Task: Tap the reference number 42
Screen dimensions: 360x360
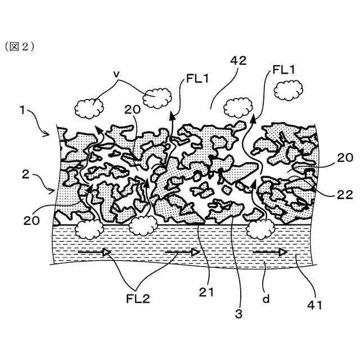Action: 238,63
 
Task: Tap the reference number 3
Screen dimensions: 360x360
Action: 238,314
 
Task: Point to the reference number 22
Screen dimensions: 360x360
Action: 345,195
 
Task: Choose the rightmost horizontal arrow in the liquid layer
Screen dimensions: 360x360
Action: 269,254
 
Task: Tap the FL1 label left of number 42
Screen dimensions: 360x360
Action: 196,79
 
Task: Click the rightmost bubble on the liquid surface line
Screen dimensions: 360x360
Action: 260,228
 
